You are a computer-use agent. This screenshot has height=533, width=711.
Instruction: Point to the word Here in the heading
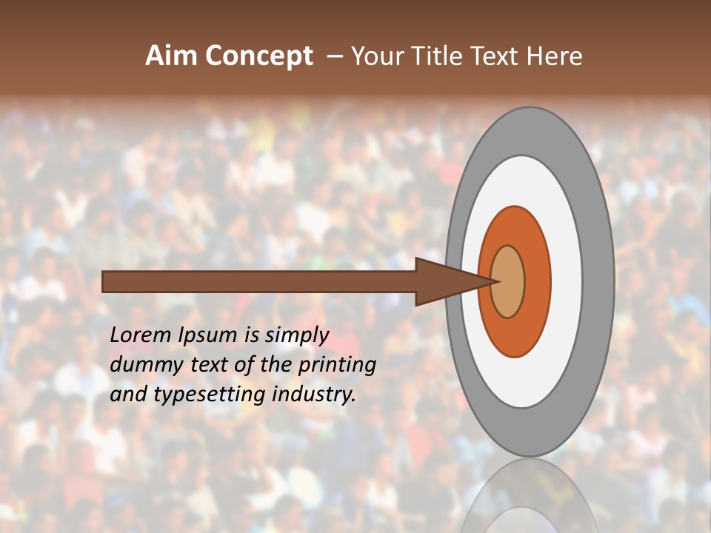pyautogui.click(x=555, y=56)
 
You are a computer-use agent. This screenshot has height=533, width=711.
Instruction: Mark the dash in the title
pyautogui.click(x=335, y=57)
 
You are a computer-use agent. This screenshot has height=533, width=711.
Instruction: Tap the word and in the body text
pyautogui.click(x=128, y=395)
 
